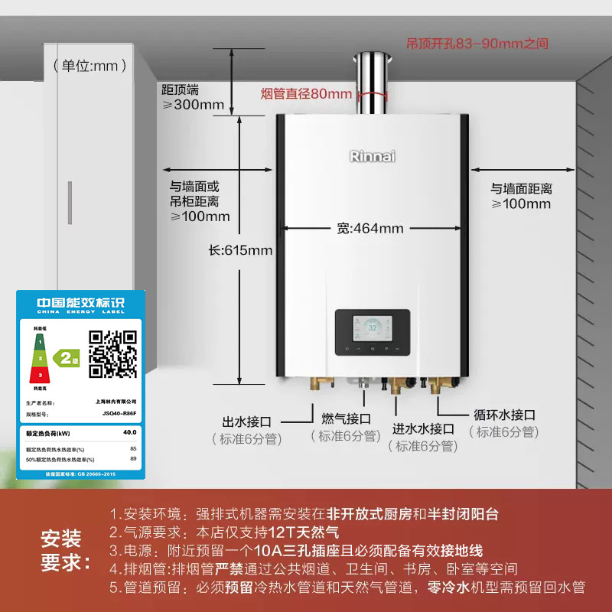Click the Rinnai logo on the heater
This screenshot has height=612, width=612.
pos(373,156)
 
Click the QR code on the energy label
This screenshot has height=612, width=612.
pos(112,353)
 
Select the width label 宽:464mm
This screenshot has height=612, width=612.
pos(370,228)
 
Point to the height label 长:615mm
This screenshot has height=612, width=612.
pos(241,250)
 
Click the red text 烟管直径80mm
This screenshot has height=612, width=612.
pos(306,94)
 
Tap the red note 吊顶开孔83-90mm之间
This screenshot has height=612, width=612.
pos(477,44)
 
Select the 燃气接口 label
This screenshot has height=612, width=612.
pos(347,418)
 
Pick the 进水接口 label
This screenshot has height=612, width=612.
pos(424,428)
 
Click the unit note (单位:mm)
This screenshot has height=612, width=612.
pos(90,66)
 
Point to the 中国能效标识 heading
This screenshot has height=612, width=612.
pos(80,303)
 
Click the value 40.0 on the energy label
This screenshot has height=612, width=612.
pos(130,432)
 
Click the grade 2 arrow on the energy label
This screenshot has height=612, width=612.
pos(70,356)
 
